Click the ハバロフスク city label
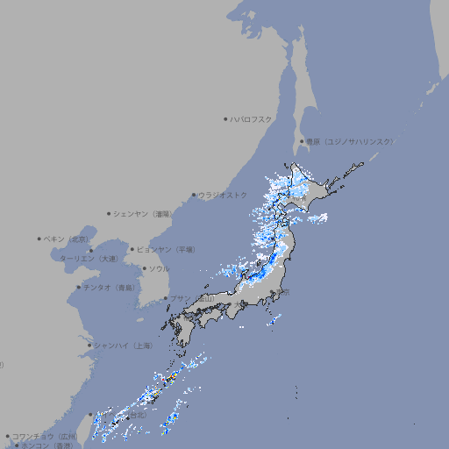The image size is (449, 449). coord(253,118)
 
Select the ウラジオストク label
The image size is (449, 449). coord(223,195)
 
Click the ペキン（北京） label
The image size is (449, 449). coord(67,239)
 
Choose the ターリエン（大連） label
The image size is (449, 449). coord(88,259)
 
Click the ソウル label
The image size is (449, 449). coord(158,268)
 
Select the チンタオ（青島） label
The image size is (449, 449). coord(110,287)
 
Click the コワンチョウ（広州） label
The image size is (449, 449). coord(44,436)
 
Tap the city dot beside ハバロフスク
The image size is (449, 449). coord(225,118)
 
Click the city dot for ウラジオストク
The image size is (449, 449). coord(194,195)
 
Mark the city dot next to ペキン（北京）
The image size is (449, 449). coord(39,239)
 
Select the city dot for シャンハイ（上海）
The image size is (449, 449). coord(89,346)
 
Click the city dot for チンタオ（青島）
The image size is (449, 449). coord(79,287)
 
